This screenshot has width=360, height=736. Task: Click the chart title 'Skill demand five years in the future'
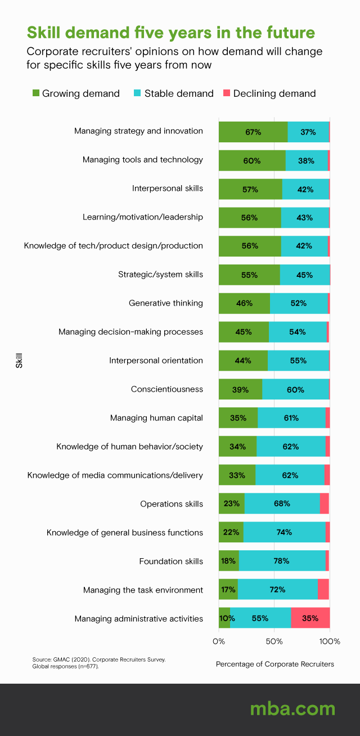point(170,32)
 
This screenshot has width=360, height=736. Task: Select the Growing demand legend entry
point(76,93)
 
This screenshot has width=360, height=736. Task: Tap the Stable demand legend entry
point(174,93)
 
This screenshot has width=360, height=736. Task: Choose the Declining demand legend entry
point(270,93)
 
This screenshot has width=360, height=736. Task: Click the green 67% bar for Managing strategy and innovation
point(253,132)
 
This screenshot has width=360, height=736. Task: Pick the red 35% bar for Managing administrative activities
point(310,618)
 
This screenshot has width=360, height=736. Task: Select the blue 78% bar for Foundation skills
point(282,560)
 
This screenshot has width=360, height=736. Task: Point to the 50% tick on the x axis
point(274,641)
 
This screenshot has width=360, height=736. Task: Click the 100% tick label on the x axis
point(330,641)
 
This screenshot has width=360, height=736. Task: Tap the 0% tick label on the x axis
point(219,641)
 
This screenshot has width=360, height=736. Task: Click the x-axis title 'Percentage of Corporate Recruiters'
point(274,664)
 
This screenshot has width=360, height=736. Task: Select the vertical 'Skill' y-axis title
point(19,360)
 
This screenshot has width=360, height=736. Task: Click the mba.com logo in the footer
point(292,708)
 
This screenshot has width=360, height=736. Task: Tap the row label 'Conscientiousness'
point(166,389)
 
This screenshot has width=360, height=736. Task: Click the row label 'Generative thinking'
point(165,303)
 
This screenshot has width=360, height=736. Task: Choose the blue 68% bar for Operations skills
point(282,503)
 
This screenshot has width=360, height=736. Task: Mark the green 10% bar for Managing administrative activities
point(224,618)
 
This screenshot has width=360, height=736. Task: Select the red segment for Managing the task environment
point(323,589)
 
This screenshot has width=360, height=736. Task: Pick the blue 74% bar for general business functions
point(284,532)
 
